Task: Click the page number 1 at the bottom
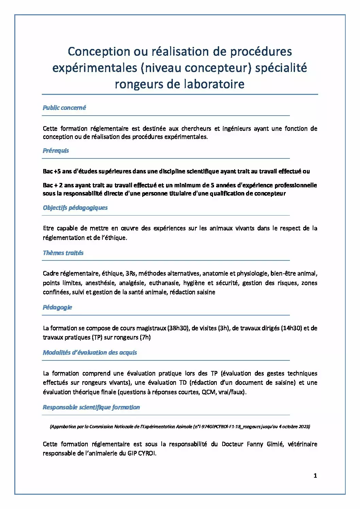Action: [315, 476]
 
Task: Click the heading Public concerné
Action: [64, 108]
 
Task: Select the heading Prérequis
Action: [56, 151]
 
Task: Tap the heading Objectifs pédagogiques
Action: [75, 208]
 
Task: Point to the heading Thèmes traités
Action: [63, 253]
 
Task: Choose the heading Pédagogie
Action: [57, 307]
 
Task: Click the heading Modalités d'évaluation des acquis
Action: [90, 353]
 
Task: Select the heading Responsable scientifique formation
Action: [91, 407]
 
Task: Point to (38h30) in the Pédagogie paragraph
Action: [178, 328]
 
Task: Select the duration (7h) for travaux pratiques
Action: [145, 337]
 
